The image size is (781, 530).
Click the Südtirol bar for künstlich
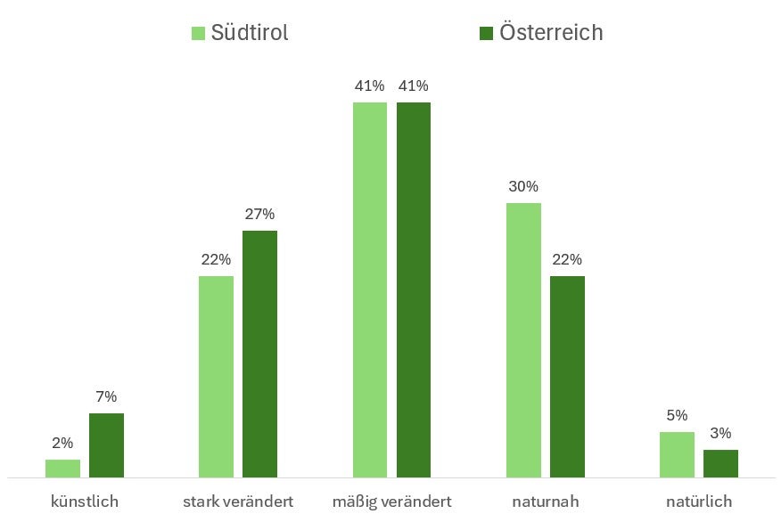point(62,469)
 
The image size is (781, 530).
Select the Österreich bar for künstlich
point(106,445)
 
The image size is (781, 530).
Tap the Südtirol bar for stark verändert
point(216,377)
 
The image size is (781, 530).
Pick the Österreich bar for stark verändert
point(259,355)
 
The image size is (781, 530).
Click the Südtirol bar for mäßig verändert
point(370,290)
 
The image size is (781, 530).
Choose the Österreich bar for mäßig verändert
point(414,290)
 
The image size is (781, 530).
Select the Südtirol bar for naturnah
point(523,340)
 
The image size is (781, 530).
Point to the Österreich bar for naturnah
point(567,377)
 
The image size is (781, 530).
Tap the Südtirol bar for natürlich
point(677,455)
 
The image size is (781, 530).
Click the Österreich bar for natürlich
point(720,464)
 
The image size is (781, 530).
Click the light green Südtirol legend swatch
point(198,33)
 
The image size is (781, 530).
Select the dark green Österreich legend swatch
point(486,33)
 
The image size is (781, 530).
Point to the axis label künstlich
point(85,501)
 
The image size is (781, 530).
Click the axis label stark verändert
point(238,501)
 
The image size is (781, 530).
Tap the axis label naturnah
point(546,501)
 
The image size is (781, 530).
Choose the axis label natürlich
point(699,501)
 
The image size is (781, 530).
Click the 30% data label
point(523,187)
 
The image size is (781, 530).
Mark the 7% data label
point(106,397)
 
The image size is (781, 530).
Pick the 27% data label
point(259,215)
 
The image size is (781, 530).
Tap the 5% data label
point(677,415)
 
